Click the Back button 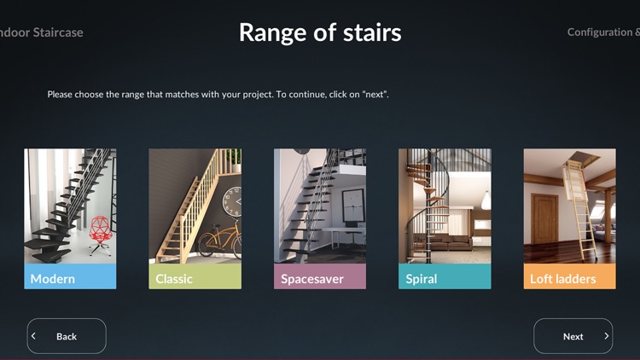click(67, 336)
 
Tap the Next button click(573, 336)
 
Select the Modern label click(53, 278)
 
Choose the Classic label click(174, 278)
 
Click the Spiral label click(422, 278)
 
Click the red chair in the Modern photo click(99, 230)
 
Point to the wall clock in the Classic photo click(231, 201)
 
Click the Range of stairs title click(320, 32)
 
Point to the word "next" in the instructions click(375, 94)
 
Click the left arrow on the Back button click(34, 336)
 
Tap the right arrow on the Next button click(606, 336)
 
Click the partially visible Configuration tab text click(602, 32)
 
